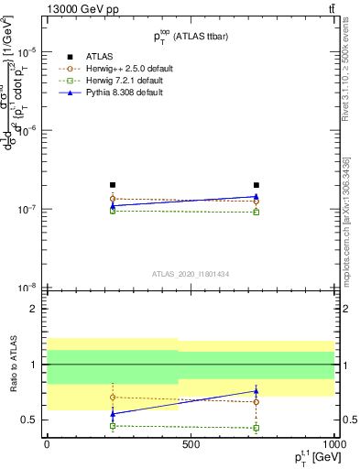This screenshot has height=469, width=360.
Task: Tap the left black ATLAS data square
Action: (x=113, y=185)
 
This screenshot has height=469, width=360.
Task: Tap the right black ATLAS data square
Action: (x=256, y=185)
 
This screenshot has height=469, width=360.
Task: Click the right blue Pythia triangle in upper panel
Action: (x=256, y=196)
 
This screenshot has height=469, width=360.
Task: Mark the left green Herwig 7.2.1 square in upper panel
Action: (x=113, y=211)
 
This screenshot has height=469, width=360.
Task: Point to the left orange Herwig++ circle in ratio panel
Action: (x=113, y=397)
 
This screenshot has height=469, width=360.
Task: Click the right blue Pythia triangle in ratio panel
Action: (x=256, y=391)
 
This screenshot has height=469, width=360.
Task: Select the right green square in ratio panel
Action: (x=256, y=428)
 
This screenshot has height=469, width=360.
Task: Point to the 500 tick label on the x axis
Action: (x=191, y=444)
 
